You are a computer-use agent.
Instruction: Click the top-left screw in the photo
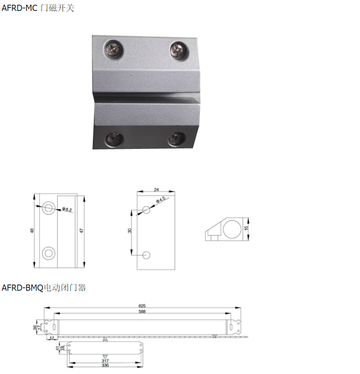(113, 49)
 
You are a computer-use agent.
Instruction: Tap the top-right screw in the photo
(179, 50)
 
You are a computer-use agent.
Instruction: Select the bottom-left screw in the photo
(114, 139)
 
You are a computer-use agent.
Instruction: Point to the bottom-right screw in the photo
(176, 139)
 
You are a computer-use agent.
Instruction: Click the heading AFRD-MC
(20, 8)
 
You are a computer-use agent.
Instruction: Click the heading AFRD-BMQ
(22, 288)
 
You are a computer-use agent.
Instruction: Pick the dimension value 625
(142, 306)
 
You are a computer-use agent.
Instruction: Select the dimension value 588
(142, 312)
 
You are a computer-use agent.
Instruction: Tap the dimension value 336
(105, 365)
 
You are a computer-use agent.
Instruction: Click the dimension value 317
(105, 361)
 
